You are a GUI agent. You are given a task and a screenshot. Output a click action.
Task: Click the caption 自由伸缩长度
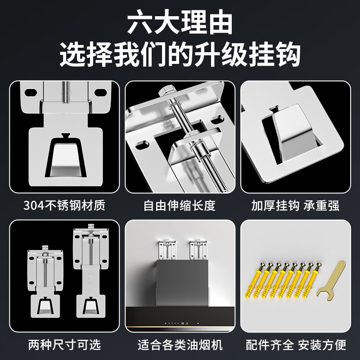point(180,206)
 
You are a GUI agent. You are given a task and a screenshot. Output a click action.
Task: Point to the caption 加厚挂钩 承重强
point(295,206)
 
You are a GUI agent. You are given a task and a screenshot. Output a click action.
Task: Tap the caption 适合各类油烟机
point(180,345)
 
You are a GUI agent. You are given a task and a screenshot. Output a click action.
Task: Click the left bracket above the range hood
point(166,248)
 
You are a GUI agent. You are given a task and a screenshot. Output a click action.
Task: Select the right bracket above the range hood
point(198,248)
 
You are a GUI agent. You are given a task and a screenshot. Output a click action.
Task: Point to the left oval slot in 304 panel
point(31,92)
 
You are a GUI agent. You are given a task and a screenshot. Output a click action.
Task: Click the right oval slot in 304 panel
point(100,92)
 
